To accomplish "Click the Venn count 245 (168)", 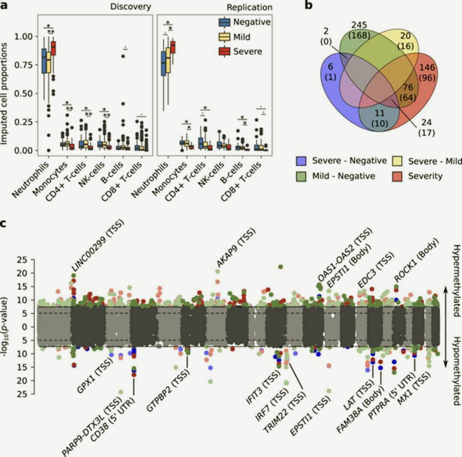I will pyautogui.click(x=358, y=30).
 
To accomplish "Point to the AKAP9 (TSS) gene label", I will pyautogui.click(x=236, y=248).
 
